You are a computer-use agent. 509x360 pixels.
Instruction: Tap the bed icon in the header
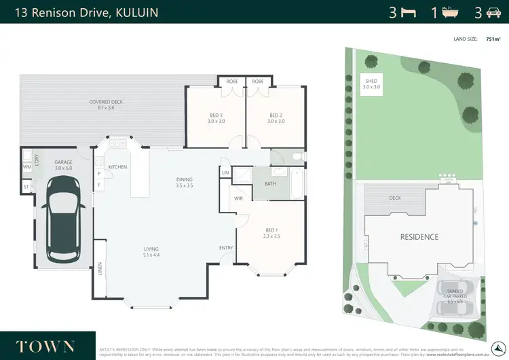click(x=408, y=12)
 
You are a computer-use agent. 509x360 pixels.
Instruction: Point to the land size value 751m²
click(x=493, y=39)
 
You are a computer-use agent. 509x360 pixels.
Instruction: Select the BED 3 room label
click(x=216, y=118)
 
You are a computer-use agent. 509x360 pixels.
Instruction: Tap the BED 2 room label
click(x=275, y=118)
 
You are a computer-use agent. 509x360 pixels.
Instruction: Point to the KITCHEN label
click(x=117, y=167)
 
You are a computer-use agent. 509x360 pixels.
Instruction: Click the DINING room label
click(x=185, y=181)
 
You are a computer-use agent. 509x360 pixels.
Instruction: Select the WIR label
click(x=238, y=199)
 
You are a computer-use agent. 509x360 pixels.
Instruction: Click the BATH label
click(x=270, y=183)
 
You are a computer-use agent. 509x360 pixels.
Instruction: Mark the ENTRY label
click(x=226, y=248)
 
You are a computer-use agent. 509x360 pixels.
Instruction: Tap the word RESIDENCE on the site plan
click(x=419, y=237)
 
